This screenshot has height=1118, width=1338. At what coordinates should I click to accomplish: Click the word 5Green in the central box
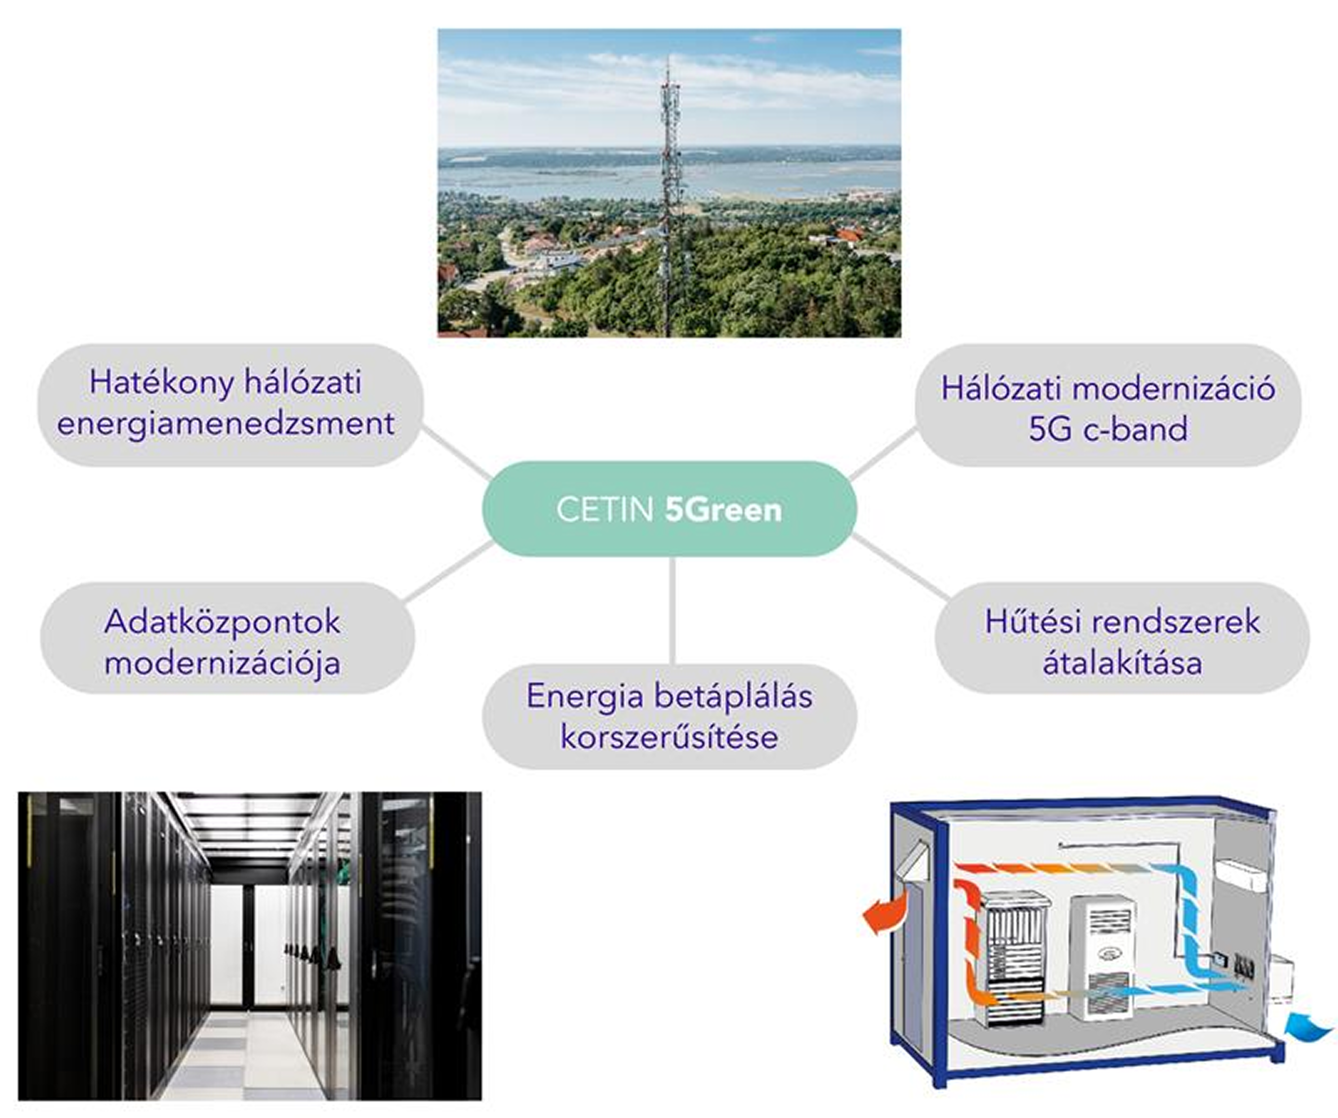pos(723,510)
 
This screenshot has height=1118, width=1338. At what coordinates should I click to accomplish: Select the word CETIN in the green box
pos(605,510)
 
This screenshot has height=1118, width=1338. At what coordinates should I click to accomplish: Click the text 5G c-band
pos(1108,429)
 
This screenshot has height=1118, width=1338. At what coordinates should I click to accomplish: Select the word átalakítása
pos(1123,663)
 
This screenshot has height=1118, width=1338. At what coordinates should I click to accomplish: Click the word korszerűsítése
pos(669,737)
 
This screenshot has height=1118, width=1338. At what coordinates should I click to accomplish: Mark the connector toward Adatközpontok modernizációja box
pos(448,571)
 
